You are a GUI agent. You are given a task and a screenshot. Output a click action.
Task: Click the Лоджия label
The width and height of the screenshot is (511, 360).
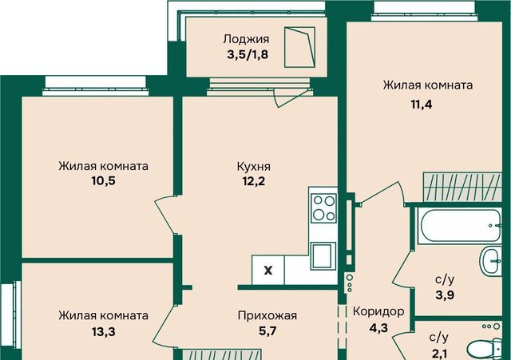[246, 39]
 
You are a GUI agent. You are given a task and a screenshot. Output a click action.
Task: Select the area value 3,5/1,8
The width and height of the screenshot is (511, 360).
[248, 54]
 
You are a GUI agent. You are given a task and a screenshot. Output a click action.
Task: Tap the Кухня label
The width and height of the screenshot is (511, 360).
[254, 167]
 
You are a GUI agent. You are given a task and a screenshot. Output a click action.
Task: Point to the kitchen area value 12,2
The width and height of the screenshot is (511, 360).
[254, 181]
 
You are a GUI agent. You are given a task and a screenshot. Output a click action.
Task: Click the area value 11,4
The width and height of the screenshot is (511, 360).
[422, 105]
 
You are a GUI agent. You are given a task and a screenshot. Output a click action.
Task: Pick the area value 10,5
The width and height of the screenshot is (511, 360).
[103, 181]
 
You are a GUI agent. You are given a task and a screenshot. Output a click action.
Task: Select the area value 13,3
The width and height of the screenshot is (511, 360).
[103, 331]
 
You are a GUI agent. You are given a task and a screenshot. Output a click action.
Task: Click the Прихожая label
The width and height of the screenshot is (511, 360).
[267, 315]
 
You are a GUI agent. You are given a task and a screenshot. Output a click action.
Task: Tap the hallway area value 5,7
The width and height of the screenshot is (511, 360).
[267, 331]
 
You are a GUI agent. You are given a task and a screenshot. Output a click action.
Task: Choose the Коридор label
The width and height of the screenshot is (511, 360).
[378, 312]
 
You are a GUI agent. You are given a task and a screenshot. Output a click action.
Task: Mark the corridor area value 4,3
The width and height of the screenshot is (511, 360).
[378, 327]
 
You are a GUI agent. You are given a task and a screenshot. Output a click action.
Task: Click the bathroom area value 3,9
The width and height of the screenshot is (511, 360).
[445, 295]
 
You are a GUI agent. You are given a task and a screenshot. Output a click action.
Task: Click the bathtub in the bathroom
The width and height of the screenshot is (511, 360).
[460, 226]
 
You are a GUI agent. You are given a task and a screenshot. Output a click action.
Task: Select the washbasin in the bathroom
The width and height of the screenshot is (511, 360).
[491, 261]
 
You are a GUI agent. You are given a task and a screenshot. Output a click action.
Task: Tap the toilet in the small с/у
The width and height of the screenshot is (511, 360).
[485, 349]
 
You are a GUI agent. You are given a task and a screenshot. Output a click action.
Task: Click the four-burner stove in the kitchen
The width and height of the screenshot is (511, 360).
[323, 208]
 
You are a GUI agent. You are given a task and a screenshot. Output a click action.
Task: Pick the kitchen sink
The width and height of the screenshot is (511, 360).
[323, 255]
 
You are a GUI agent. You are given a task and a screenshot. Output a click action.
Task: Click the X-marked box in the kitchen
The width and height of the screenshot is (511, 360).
[268, 270]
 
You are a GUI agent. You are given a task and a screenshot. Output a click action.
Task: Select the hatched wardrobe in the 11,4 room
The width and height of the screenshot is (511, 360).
[462, 187]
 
